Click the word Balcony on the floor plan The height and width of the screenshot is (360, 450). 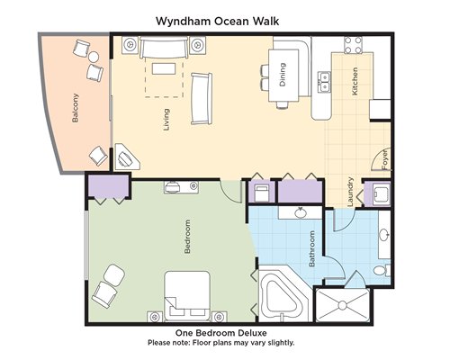click(x=76, y=108)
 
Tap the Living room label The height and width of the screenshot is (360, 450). click(x=166, y=120)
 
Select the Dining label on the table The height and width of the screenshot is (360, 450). click(x=283, y=75)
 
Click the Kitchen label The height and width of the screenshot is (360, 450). click(x=355, y=81)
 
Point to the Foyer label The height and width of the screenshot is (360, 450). click(x=384, y=159)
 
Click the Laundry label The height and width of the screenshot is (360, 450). click(x=350, y=192)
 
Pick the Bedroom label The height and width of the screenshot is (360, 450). click(x=187, y=237)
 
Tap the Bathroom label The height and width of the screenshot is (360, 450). click(x=311, y=248)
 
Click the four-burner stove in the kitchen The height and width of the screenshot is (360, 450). click(x=353, y=45)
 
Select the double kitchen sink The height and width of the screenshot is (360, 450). click(x=325, y=82)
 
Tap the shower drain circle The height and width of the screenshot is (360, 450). click(x=342, y=305)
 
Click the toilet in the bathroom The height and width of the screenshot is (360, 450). click(x=382, y=270)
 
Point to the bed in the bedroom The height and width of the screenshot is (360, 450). click(x=187, y=296)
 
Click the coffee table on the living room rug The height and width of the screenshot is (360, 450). click(x=164, y=68)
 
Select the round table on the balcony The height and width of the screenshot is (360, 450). click(x=94, y=57)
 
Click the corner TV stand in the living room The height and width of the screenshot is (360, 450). click(x=127, y=157)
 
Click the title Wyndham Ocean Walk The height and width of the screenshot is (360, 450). click(x=218, y=22)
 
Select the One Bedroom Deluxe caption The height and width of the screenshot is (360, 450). click(x=221, y=333)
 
